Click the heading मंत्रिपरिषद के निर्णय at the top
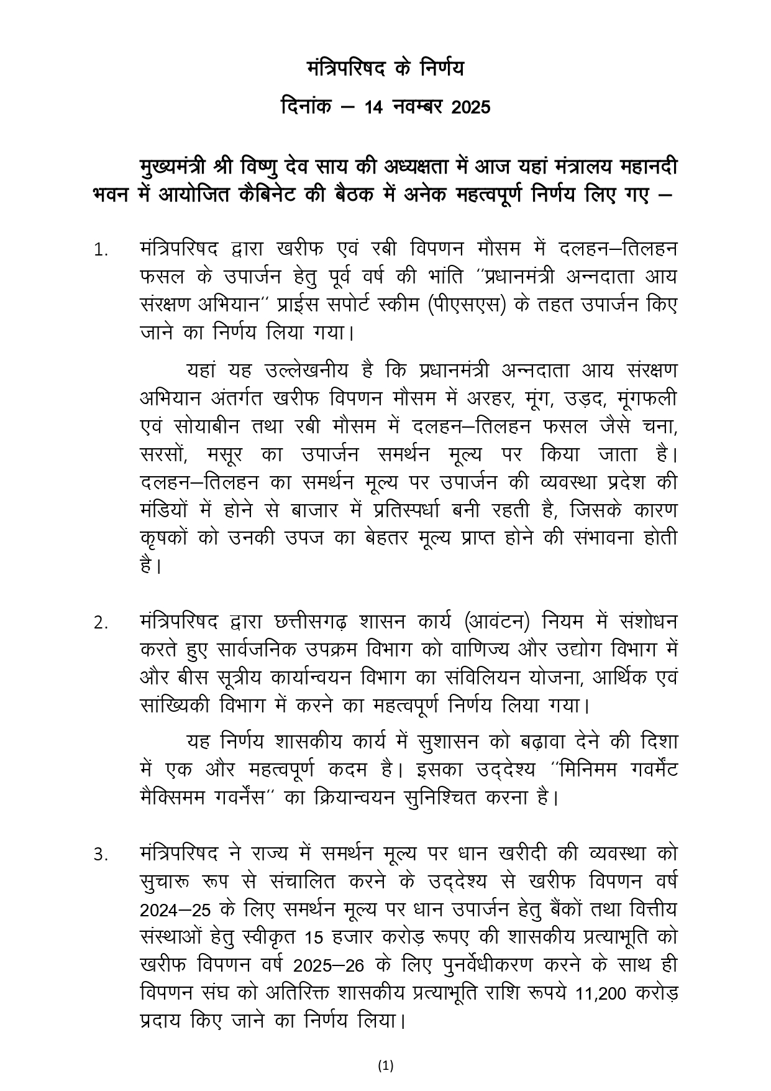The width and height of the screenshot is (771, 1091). coord(385,69)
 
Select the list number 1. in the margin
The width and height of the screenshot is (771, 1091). coord(101,251)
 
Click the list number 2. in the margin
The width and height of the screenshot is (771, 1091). coord(101,623)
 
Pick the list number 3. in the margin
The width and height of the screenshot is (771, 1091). coord(101,855)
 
